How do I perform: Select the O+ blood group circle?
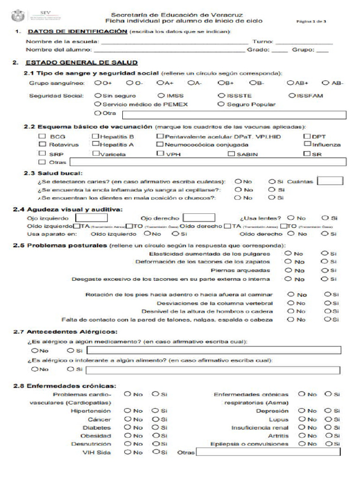97,83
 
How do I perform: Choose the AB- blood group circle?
326,83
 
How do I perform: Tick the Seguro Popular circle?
221,105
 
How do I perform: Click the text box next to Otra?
233,114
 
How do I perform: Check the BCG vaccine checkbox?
42,136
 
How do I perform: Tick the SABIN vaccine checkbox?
231,154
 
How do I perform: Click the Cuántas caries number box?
330,181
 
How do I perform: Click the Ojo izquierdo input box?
92,218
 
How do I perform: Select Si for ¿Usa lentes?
325,218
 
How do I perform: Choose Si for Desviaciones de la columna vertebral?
327,303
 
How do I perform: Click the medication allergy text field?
214,351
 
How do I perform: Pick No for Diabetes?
127,427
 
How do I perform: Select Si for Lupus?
328,419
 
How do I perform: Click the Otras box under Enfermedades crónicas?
268,453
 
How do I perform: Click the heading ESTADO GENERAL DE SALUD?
81,62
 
